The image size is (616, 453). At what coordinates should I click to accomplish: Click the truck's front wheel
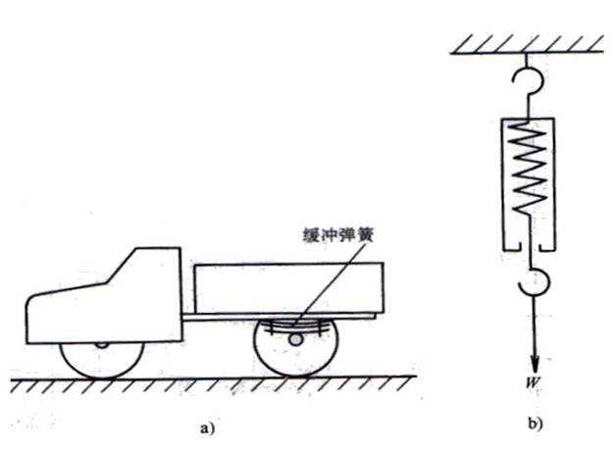pyautogui.click(x=103, y=357)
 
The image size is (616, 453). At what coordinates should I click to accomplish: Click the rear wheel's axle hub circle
pyautogui.click(x=295, y=339)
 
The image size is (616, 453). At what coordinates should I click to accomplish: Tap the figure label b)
pyautogui.click(x=534, y=424)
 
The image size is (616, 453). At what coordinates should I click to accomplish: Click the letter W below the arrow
pyautogui.click(x=529, y=375)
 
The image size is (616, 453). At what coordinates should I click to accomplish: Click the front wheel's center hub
pyautogui.click(x=103, y=344)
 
